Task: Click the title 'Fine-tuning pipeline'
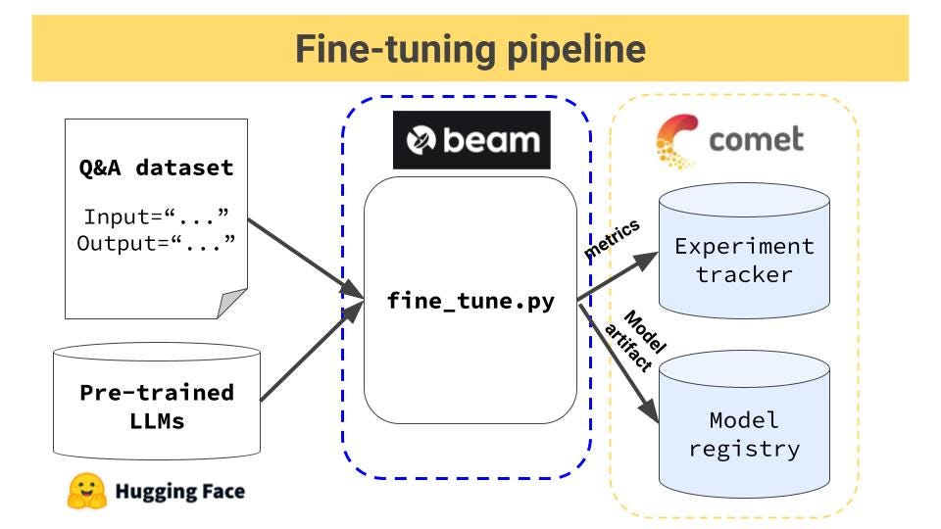[470, 49]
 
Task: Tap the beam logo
[471, 140]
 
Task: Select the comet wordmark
[755, 139]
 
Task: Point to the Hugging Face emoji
[86, 491]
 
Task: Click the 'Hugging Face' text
[179, 491]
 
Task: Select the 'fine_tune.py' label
[470, 301]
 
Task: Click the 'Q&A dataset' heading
[157, 168]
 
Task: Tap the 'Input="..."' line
[157, 216]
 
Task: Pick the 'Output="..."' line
[157, 242]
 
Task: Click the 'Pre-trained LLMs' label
[157, 407]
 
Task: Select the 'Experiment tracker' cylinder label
[744, 260]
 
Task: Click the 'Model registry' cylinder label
[744, 434]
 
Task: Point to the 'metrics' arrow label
[612, 239]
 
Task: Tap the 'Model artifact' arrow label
[638, 343]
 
